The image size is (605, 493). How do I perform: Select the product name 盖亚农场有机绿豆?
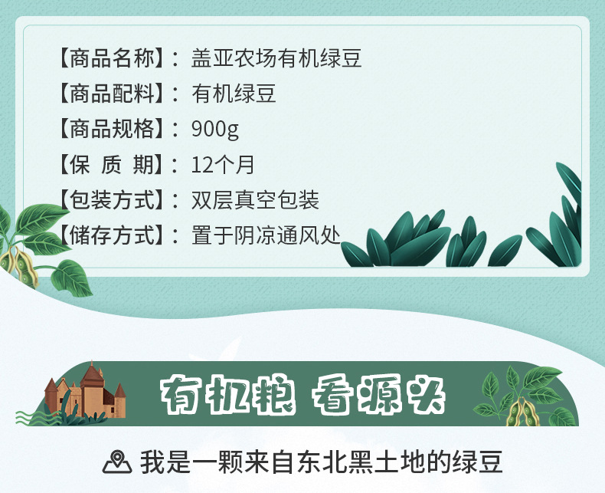(x=276, y=58)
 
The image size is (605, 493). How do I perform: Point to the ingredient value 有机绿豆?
(x=234, y=94)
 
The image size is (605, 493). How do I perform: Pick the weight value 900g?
(x=215, y=130)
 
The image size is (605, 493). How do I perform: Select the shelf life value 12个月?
(x=223, y=165)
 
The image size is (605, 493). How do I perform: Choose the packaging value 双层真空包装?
(x=255, y=200)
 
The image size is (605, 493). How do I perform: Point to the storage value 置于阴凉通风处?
(x=266, y=235)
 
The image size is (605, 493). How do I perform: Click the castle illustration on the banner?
(x=86, y=391)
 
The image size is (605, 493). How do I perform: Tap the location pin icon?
(x=117, y=462)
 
